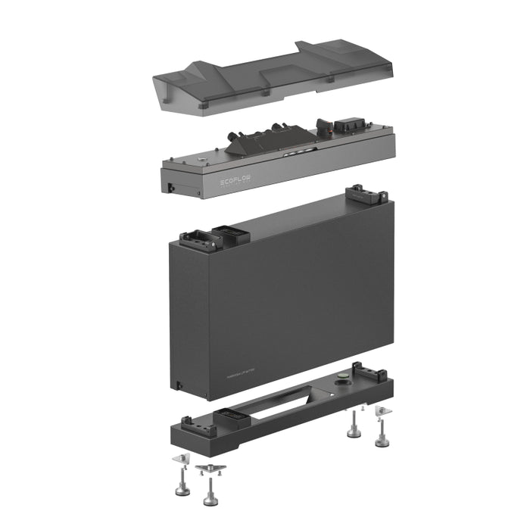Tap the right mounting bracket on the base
coord(371,376)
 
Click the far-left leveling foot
coord(182,485)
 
